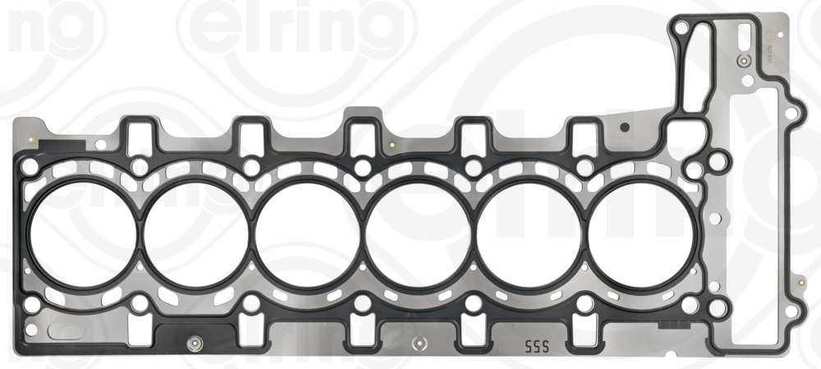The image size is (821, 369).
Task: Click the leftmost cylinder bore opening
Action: click(80, 233)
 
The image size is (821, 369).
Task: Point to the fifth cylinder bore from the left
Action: click(530, 233)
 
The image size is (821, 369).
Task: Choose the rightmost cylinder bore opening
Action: click(640, 233)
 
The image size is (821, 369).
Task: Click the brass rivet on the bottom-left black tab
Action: click(195, 343)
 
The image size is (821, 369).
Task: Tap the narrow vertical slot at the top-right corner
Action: click(743, 38)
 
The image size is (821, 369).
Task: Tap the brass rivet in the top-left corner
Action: click(30, 139)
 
